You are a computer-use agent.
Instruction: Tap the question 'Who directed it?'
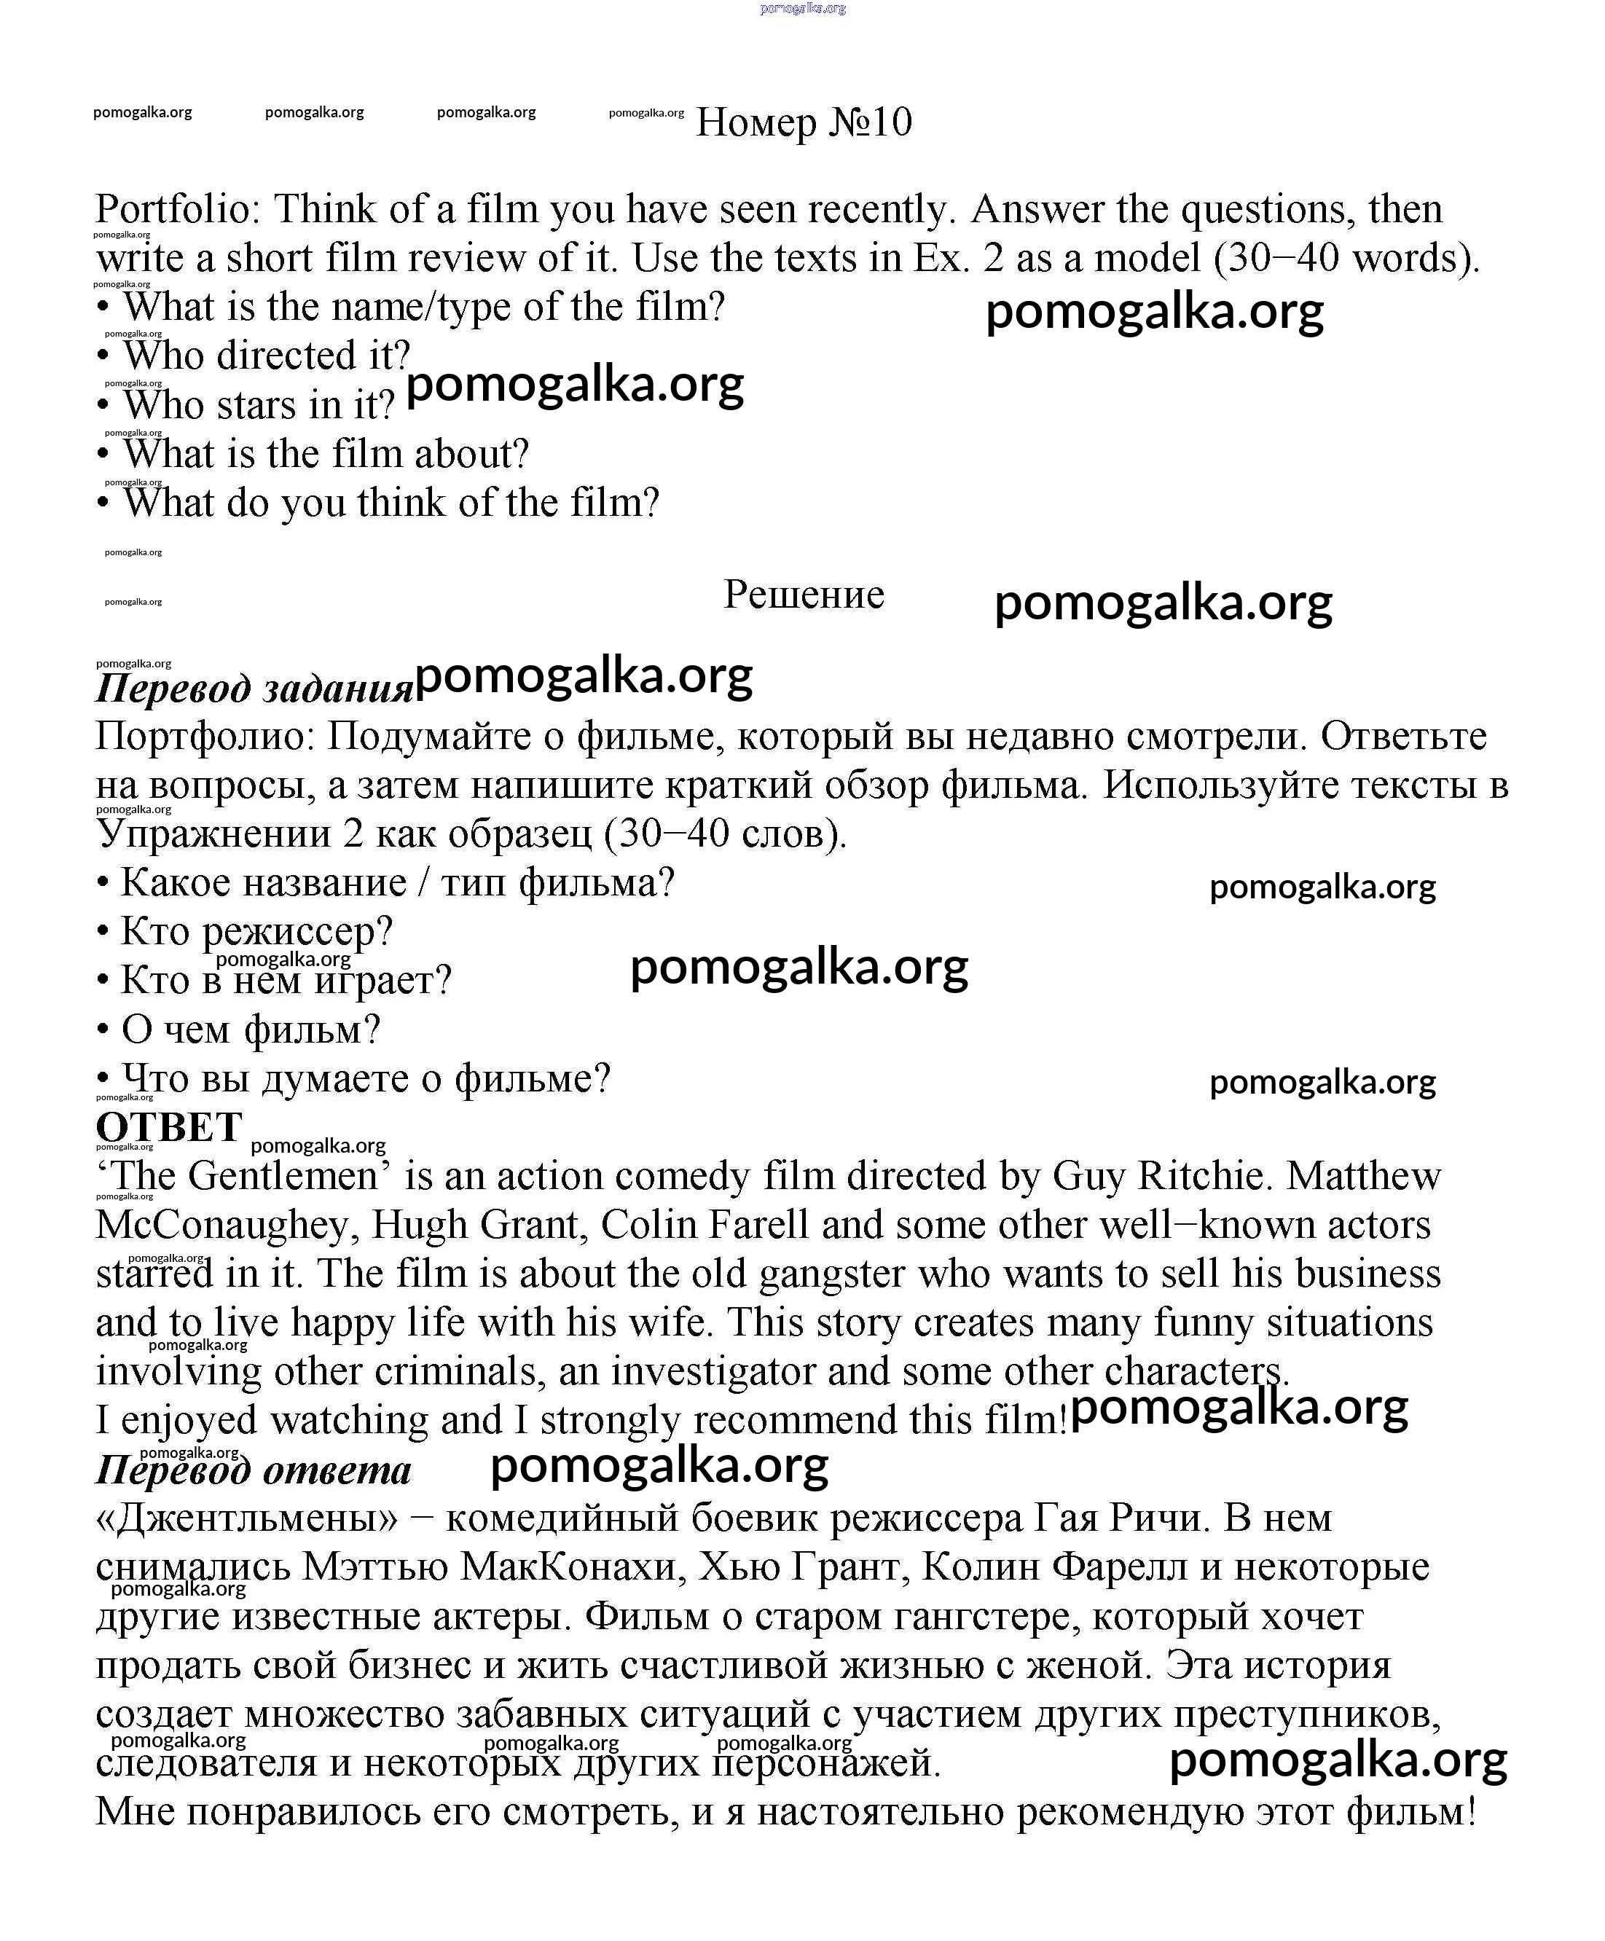(x=266, y=356)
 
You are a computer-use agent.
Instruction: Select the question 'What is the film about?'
(x=325, y=454)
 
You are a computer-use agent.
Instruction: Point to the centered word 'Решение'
(x=803, y=595)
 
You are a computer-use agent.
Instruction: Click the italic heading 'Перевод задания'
(x=254, y=689)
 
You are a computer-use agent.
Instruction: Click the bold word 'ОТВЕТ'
(x=169, y=1128)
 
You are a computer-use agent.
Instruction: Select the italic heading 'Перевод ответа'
(x=254, y=1470)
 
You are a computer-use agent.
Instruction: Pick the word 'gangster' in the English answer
(x=831, y=1274)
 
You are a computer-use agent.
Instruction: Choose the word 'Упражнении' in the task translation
(x=213, y=835)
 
